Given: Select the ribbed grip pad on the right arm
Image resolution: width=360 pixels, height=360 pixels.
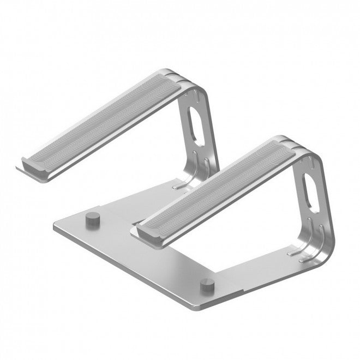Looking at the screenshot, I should point(218,185).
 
